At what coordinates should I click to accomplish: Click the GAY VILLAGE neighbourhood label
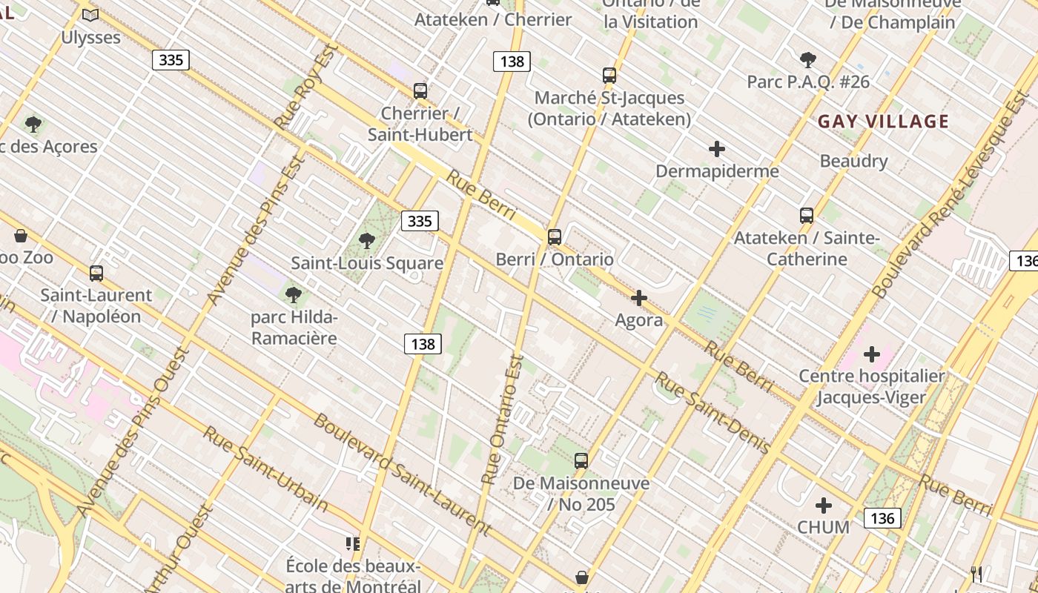tap(883, 122)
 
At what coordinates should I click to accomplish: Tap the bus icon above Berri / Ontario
tap(555, 237)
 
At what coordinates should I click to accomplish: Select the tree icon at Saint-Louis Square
tap(366, 241)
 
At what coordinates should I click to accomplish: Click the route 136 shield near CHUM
tap(882, 517)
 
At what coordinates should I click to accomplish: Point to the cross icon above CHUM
tap(823, 506)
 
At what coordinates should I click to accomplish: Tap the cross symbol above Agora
tap(638, 298)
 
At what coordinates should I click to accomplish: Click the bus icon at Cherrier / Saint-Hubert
tap(420, 91)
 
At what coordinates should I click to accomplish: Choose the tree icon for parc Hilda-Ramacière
tap(294, 295)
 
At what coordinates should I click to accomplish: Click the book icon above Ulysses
tap(90, 15)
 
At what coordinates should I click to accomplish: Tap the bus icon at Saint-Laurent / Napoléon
tap(96, 273)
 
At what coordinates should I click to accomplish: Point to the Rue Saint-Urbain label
tap(265, 468)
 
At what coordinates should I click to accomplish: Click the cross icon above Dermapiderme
tap(716, 149)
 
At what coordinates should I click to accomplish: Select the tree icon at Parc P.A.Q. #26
tap(808, 60)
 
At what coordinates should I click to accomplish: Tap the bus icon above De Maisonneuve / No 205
tap(581, 460)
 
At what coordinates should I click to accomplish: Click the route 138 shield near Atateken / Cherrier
tap(512, 61)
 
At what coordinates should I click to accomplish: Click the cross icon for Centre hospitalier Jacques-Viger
tap(872, 354)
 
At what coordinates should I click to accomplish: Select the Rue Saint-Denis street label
tap(713, 412)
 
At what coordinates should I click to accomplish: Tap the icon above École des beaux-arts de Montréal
tap(353, 544)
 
